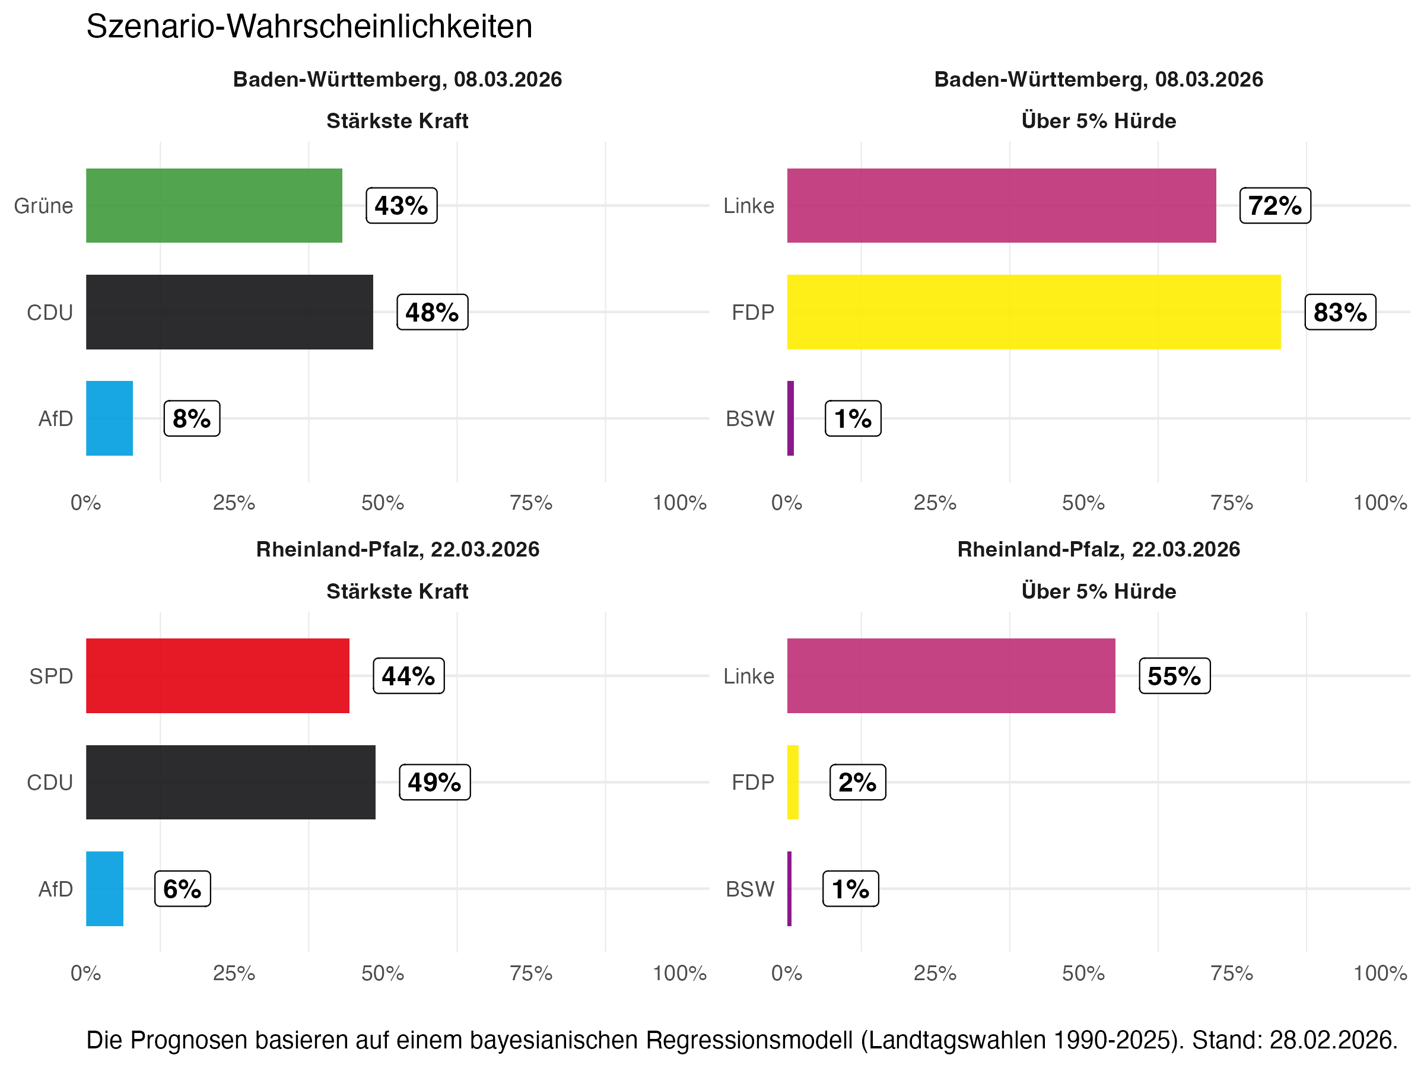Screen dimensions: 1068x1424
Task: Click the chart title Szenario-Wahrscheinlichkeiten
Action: (x=309, y=27)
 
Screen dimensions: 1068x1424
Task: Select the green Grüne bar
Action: (x=214, y=205)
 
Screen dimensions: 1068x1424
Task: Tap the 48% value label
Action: (x=432, y=312)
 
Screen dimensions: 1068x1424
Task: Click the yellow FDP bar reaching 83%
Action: (x=1033, y=312)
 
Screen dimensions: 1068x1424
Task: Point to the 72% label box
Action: (x=1274, y=206)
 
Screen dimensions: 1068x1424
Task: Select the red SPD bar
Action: (x=218, y=675)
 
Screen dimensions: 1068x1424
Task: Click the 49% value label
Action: (x=434, y=782)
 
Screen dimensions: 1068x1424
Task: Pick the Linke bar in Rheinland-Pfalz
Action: (x=951, y=675)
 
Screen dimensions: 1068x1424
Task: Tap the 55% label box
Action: (x=1174, y=676)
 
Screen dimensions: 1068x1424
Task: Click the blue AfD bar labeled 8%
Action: (x=109, y=418)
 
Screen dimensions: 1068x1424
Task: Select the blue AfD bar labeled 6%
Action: (x=104, y=888)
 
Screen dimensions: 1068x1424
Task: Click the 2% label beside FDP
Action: (x=857, y=782)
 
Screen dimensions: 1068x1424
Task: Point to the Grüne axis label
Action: (x=44, y=206)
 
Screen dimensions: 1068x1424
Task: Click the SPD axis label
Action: (x=51, y=676)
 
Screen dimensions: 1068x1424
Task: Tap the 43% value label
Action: (x=401, y=206)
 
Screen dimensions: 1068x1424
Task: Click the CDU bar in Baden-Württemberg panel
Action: (x=229, y=312)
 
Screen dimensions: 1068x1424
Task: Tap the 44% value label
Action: (x=408, y=676)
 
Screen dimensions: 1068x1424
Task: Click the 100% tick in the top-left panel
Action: (x=679, y=503)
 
